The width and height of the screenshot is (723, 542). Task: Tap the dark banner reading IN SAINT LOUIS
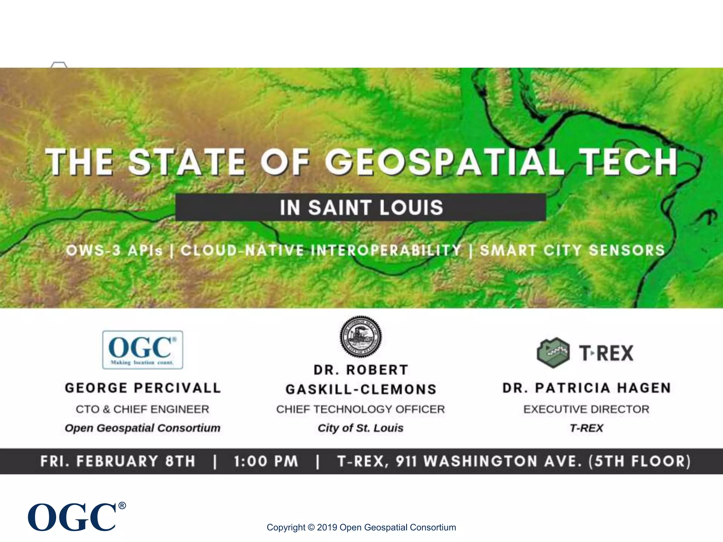(361, 207)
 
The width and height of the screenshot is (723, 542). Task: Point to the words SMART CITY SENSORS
(572, 250)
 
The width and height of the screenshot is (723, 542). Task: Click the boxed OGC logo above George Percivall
(143, 350)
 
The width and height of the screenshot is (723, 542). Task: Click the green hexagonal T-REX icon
(553, 353)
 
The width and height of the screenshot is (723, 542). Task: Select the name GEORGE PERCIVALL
(143, 388)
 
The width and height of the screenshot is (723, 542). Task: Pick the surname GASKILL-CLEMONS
(361, 389)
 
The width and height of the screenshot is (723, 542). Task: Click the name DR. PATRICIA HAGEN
(586, 388)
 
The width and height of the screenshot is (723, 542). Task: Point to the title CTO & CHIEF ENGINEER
(142, 409)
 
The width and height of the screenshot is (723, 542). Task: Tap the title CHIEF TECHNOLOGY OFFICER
(360, 409)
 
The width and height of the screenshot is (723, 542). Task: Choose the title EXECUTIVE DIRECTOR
(586, 409)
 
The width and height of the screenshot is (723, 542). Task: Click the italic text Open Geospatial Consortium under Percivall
(142, 428)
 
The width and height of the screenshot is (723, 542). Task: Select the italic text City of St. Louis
(360, 428)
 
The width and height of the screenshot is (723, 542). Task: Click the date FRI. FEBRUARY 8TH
(118, 461)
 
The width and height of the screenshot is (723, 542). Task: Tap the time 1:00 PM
(266, 461)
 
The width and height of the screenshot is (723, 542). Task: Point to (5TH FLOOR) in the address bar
(639, 461)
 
